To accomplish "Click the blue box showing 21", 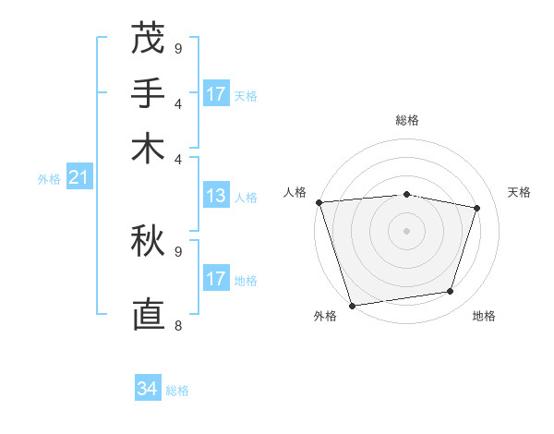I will coord(78,177).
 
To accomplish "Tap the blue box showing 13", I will coord(216,196).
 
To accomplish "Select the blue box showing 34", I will coord(148,389).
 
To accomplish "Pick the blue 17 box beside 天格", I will coord(216,94).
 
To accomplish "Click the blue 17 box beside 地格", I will coord(216,279).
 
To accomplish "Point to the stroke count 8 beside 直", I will coord(178,325).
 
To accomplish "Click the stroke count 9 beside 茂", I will coord(178,48).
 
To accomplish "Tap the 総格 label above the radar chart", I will coord(407,120).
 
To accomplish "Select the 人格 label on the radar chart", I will coord(295,192).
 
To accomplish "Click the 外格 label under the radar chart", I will coord(325,316).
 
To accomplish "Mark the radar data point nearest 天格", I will coord(477,208).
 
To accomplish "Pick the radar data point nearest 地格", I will coord(451,292).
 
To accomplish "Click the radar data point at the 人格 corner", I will coord(319,202).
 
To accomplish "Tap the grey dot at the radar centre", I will coord(407,231).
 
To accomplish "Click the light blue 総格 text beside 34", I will coord(177,391).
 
